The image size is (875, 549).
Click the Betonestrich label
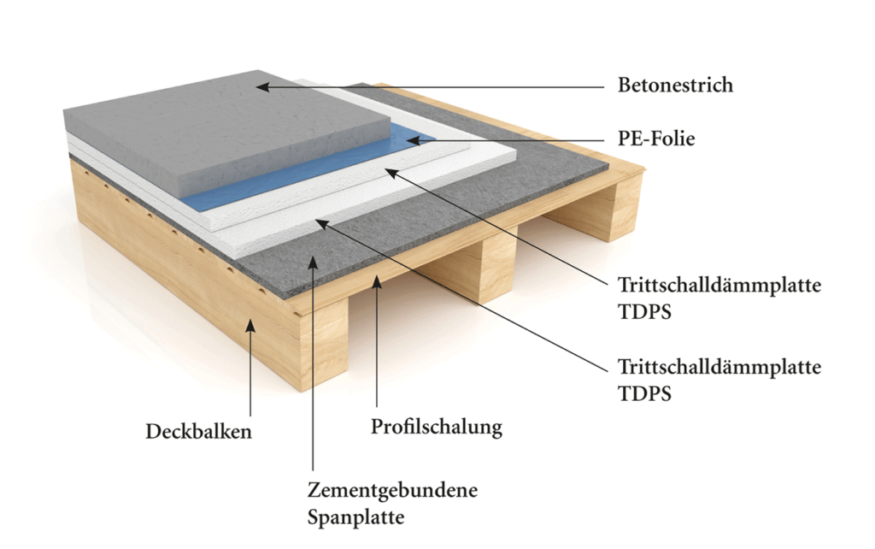[x=675, y=85]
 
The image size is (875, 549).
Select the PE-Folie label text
[x=656, y=138]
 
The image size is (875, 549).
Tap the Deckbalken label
[x=198, y=431]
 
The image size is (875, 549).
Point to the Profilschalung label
[x=437, y=426]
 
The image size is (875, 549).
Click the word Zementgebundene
[x=392, y=490]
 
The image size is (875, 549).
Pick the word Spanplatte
[x=355, y=517]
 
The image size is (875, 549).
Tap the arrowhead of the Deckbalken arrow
[x=250, y=325]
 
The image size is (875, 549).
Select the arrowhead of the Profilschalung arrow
[x=377, y=282]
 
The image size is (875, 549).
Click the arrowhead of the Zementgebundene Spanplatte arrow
[x=314, y=262]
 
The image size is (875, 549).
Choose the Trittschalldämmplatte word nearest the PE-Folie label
[x=719, y=285]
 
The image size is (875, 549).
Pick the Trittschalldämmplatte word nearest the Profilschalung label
[x=719, y=367]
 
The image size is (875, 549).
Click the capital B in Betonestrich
[x=625, y=85]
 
